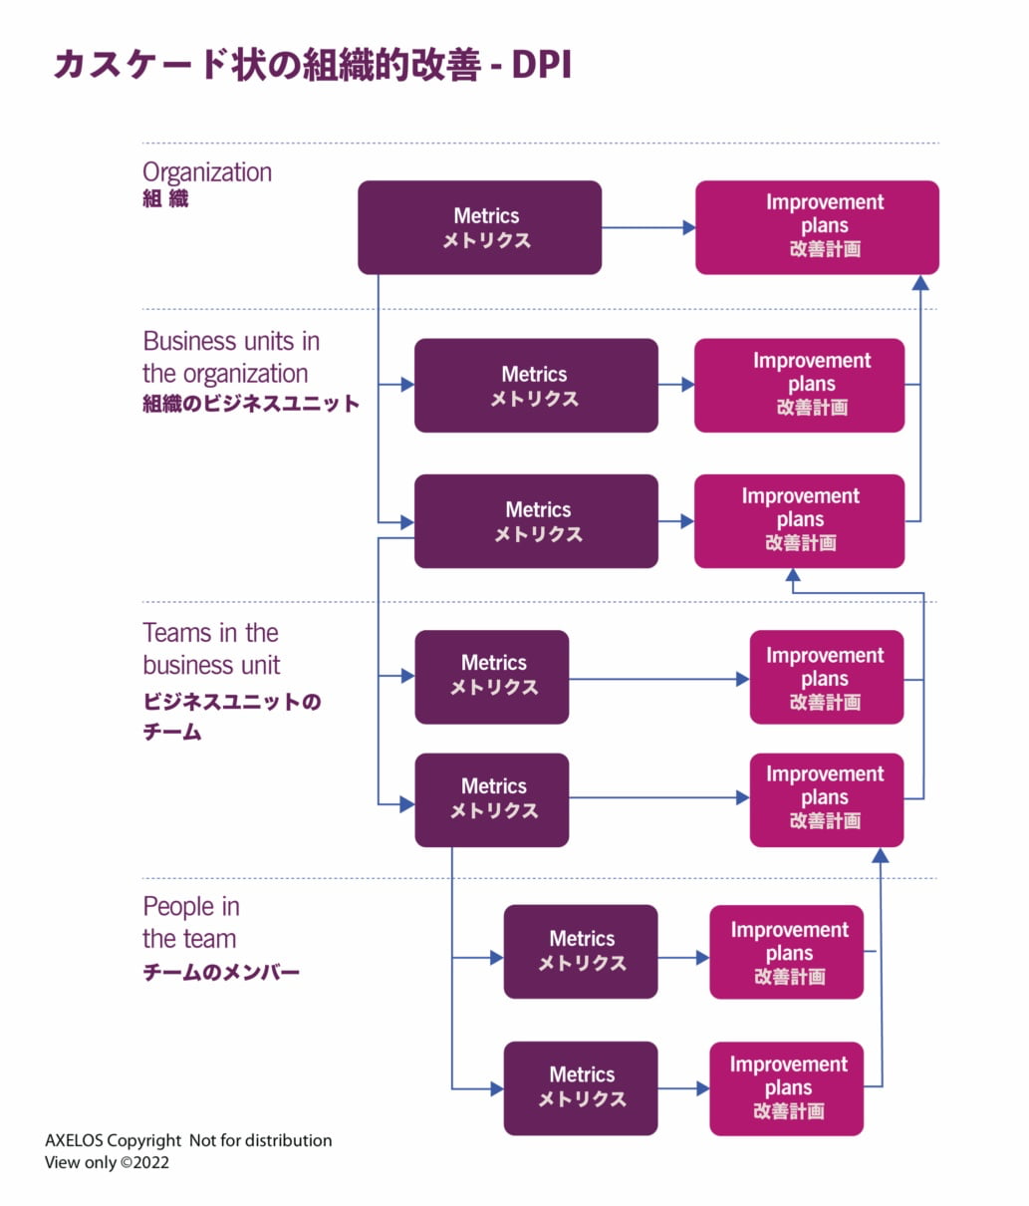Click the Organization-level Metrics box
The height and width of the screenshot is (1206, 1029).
[x=479, y=227]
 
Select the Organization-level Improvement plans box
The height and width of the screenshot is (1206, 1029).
[x=817, y=227]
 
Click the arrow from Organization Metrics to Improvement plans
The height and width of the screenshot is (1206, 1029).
[x=647, y=227]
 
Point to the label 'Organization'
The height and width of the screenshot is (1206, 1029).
[x=207, y=172]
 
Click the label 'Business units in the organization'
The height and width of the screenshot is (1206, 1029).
[x=230, y=357]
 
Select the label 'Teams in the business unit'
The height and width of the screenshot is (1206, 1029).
[x=211, y=649]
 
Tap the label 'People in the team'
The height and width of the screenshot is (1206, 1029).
[x=190, y=922]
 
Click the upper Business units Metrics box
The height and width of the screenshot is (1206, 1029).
[x=536, y=386]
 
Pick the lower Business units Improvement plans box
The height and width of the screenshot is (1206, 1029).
[x=799, y=521]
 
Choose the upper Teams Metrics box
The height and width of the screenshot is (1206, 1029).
[x=492, y=677]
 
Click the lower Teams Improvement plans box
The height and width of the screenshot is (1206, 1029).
[x=827, y=799]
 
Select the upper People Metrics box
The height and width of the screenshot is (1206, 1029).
[x=581, y=952]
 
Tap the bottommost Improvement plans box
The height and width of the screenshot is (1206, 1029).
[x=786, y=1088]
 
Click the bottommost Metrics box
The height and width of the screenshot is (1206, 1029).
[x=581, y=1088]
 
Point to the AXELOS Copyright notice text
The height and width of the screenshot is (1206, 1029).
[x=188, y=1140]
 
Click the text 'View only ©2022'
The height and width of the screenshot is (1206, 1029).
[x=107, y=1162]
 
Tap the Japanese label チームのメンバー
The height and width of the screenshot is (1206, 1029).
[x=221, y=972]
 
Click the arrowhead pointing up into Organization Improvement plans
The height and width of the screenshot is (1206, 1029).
[x=920, y=283]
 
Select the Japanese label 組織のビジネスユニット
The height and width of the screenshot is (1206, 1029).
[x=251, y=404]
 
